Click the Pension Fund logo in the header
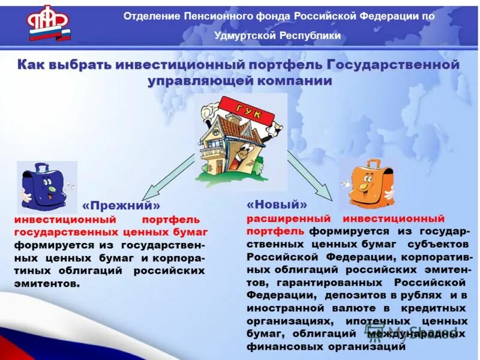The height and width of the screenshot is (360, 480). coord(48,23)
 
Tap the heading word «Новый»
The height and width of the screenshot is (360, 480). coord(277,205)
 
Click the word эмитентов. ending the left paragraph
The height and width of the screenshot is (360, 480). coord(47,283)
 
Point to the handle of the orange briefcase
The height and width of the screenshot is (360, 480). coord(373,163)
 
